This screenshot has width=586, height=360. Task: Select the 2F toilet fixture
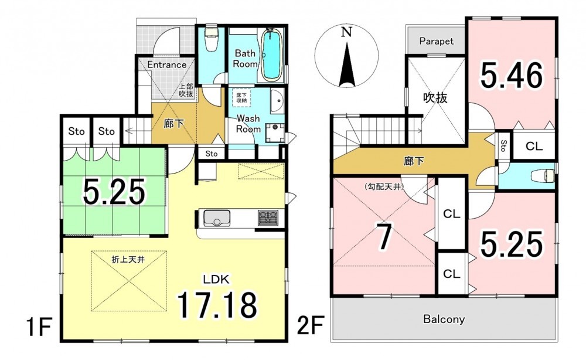pos(545,174)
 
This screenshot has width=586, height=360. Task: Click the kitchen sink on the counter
pos(216,218)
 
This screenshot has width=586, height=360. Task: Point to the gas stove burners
pos(268,218)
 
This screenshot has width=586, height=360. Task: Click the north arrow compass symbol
pos(346,56)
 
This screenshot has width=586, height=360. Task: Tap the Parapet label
pos(436,40)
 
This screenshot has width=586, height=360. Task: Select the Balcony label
pos(444,319)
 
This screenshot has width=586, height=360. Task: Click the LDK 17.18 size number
pos(217,305)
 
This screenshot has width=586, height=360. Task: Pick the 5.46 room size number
pos(511,76)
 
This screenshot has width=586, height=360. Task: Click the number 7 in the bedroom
pos(384,238)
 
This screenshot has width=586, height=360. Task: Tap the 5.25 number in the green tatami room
pos(114,191)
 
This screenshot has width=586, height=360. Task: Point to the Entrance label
pos(166,64)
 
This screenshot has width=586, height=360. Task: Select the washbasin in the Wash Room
pos(277,101)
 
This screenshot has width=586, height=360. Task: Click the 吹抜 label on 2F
pos(435,98)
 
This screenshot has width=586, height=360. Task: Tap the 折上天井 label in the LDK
pos(128,259)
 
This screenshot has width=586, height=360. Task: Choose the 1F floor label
pos(39,327)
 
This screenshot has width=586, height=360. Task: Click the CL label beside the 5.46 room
pos(534,147)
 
